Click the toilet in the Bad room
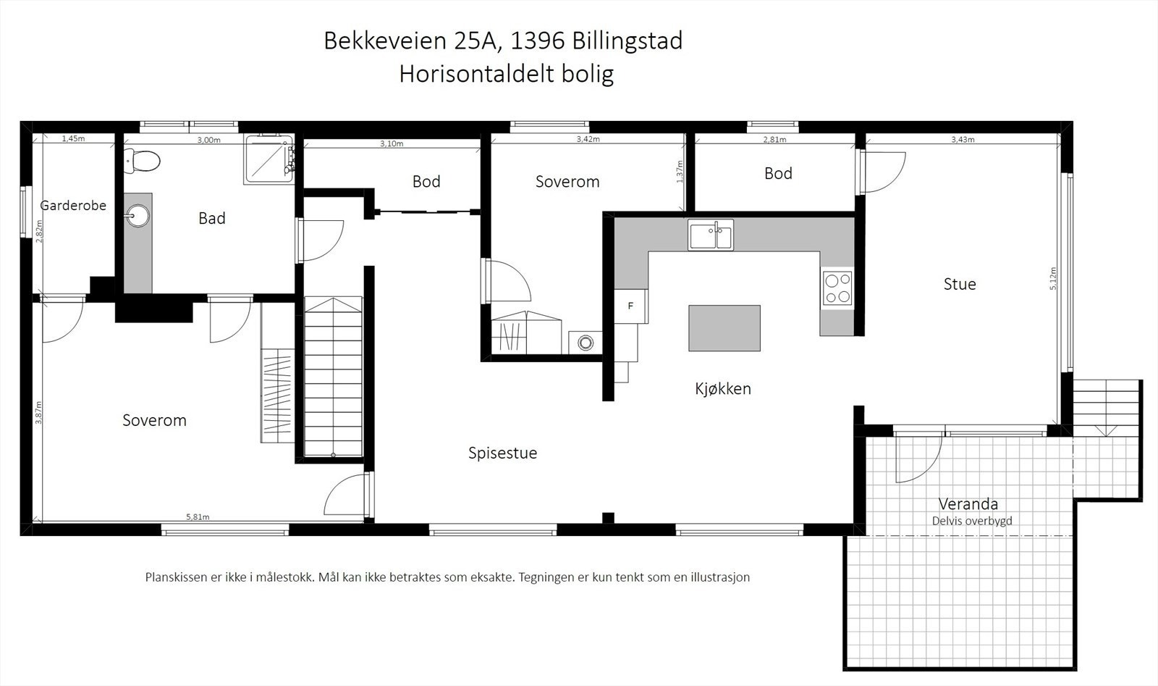click(x=143, y=161)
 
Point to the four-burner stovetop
click(x=837, y=288)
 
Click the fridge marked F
click(x=630, y=306)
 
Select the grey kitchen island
click(x=724, y=328)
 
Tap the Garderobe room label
click(x=73, y=206)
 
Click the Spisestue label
click(x=502, y=453)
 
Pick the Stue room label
click(x=960, y=285)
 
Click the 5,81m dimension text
click(x=198, y=517)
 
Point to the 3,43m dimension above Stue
click(x=963, y=140)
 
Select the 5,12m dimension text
click(x=1053, y=279)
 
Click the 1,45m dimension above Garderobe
click(x=73, y=138)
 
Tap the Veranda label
click(x=968, y=504)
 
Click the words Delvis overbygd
click(x=972, y=521)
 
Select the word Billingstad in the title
click(x=627, y=41)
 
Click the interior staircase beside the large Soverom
click(x=333, y=377)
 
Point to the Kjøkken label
click(x=722, y=389)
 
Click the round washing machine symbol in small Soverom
click(x=585, y=341)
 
